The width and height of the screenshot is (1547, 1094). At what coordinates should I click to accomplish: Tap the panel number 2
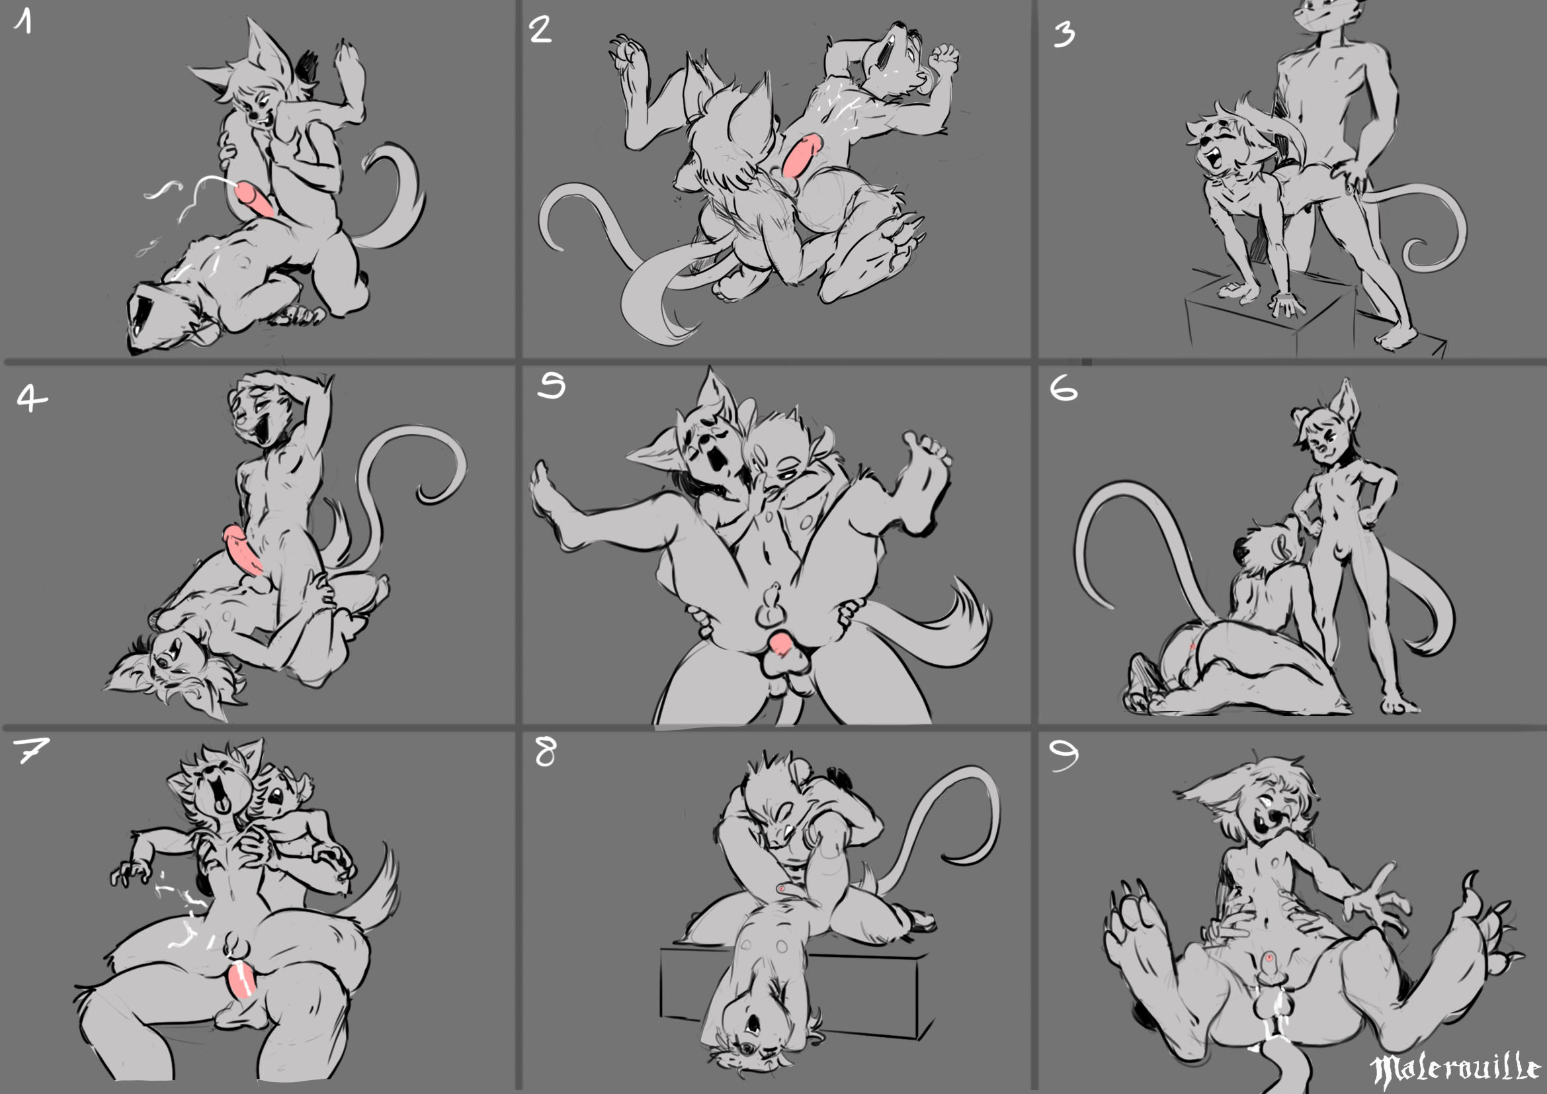pyautogui.click(x=540, y=30)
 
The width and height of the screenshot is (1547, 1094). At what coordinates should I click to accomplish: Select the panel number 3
pyautogui.click(x=1064, y=34)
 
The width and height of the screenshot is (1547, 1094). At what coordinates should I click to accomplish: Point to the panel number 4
pyautogui.click(x=31, y=398)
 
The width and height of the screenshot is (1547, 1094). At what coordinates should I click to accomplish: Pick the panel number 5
pyautogui.click(x=551, y=385)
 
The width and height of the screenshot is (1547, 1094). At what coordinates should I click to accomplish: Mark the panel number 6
pyautogui.click(x=1064, y=388)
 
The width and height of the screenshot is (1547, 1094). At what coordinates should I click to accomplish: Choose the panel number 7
pyautogui.click(x=30, y=749)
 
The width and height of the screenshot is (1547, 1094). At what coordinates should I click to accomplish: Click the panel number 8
pyautogui.click(x=545, y=752)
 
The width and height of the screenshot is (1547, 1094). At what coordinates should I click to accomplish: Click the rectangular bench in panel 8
pyautogui.click(x=795, y=991)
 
